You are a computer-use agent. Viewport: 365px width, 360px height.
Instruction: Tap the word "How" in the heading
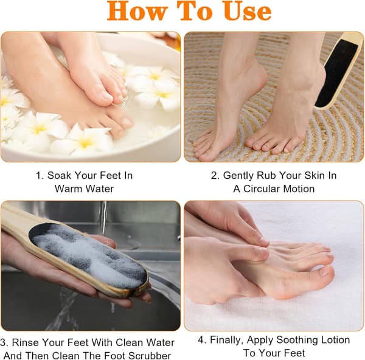(137, 12)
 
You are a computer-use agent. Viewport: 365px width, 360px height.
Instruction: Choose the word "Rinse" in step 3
(26, 342)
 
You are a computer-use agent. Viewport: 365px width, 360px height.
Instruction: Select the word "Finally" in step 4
(228, 341)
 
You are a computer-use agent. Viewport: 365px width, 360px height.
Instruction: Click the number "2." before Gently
(215, 176)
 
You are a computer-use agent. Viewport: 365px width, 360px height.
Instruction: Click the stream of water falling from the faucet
(102, 219)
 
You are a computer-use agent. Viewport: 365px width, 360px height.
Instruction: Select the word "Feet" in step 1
(109, 176)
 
